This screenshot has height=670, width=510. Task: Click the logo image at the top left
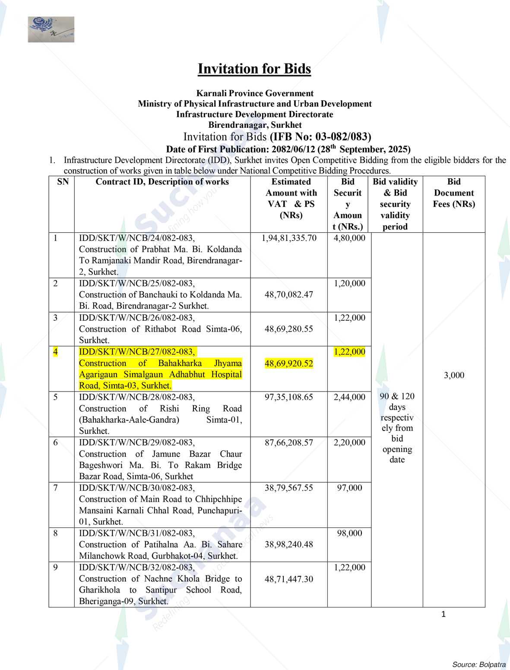(51, 29)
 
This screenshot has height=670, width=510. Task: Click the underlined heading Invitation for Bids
(254, 69)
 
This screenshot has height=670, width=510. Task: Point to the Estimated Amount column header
(291, 198)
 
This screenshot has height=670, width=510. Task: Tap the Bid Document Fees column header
(453, 193)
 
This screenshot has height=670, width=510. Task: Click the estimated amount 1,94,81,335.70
(289, 238)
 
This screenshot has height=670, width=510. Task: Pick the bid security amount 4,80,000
(349, 238)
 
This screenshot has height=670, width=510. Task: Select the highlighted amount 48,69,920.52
(289, 363)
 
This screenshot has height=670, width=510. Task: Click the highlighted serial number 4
(56, 352)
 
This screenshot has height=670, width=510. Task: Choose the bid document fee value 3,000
(454, 375)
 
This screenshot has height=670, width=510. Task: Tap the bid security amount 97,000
(349, 488)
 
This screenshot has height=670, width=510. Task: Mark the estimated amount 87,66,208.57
(289, 442)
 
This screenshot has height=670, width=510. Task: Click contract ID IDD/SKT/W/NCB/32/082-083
(136, 567)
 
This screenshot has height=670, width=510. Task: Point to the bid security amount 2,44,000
(349, 397)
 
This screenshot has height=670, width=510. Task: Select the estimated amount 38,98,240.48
(289, 544)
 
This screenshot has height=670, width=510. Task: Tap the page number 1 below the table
(443, 614)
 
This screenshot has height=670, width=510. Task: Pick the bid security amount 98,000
(349, 533)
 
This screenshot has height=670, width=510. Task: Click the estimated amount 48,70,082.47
(289, 295)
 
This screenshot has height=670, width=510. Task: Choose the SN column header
(63, 182)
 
